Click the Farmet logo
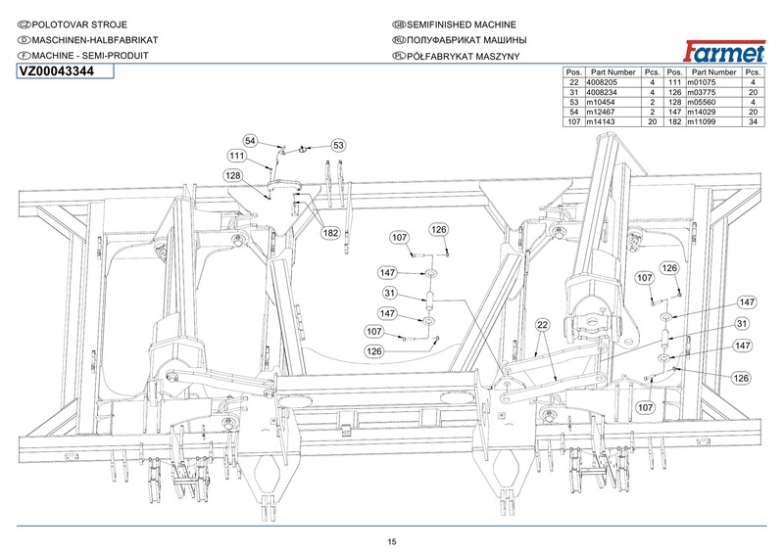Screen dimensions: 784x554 coord(724,52)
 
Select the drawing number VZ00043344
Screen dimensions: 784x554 coord(56,71)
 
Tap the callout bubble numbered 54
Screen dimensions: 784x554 coord(250,141)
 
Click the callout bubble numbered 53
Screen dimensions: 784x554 coord(338,146)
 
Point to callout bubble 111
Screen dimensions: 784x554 coord(236,156)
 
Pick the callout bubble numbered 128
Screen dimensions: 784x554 coord(233,175)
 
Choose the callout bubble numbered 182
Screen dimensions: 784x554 coord(330,233)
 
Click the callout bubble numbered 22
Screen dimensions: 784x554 coord(543,325)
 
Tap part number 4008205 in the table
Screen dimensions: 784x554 coord(602,82)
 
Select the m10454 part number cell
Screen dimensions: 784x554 coord(601,102)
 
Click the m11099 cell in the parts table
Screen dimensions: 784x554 coord(701,121)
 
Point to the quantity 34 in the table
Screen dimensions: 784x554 coord(753,121)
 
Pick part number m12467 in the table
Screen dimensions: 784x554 coord(601,112)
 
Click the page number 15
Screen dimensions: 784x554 coord(391,541)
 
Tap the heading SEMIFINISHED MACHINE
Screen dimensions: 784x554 coord(461,24)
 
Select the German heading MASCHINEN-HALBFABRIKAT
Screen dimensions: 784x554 coord(95,40)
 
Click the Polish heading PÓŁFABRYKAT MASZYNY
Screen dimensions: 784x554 coord(463,56)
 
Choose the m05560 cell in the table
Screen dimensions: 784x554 coord(701,102)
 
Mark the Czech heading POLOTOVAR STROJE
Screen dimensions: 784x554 coord(79,24)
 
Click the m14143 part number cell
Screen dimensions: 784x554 coord(601,121)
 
